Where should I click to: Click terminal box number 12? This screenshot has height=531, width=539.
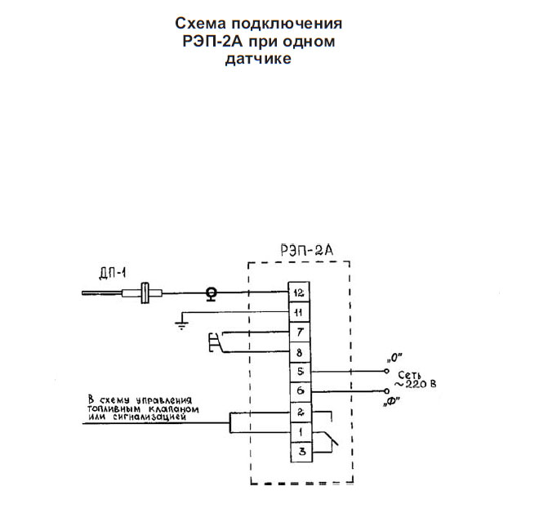pyautogui.click(x=299, y=292)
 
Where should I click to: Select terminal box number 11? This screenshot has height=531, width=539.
pyautogui.click(x=299, y=312)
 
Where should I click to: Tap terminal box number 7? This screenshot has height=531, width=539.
pyautogui.click(x=299, y=332)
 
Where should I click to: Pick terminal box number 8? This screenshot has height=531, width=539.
pyautogui.click(x=300, y=353)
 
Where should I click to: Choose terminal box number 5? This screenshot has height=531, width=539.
pyautogui.click(x=300, y=373)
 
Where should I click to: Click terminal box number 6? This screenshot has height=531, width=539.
pyautogui.click(x=301, y=392)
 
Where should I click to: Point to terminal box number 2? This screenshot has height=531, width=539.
pyautogui.click(x=301, y=412)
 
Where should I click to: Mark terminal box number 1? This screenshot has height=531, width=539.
pyautogui.click(x=301, y=432)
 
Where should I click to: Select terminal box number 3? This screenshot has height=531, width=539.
pyautogui.click(x=301, y=452)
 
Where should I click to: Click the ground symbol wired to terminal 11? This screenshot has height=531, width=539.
pyautogui.click(x=181, y=325)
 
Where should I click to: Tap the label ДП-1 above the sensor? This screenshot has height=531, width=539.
pyautogui.click(x=113, y=274)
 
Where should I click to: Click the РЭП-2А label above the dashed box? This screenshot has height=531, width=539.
pyautogui.click(x=307, y=250)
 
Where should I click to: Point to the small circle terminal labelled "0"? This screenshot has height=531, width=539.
pyautogui.click(x=386, y=371)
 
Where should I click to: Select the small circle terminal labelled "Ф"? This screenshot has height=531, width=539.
pyautogui.click(x=386, y=391)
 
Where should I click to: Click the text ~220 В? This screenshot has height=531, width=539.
pyautogui.click(x=415, y=384)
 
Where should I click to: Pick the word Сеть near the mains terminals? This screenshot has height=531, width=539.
pyautogui.click(x=409, y=375)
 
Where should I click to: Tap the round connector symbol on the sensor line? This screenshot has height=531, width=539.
pyautogui.click(x=211, y=294)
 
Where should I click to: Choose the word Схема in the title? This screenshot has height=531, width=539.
pyautogui.click(x=201, y=24)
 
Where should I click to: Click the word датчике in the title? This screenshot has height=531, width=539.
pyautogui.click(x=258, y=59)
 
